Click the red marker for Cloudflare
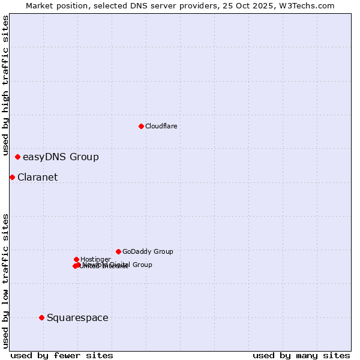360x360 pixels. [141, 126]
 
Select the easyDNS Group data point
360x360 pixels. [17, 157]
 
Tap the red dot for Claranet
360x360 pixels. [12, 177]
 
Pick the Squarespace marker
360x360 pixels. [41, 317]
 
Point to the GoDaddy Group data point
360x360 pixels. [118, 251]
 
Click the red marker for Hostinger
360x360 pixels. [76, 259]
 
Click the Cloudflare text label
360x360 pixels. [161, 126]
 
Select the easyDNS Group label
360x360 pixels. [61, 157]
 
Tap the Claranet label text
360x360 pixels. [37, 178]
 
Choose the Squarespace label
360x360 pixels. [77, 318]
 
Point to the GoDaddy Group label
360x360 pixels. [148, 252]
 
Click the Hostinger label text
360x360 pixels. [95, 259]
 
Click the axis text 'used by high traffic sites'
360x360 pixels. [5, 86]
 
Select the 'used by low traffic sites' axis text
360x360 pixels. [5, 281]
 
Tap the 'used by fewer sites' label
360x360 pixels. [62, 356]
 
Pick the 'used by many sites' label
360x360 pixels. [301, 356]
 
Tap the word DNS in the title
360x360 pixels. [137, 5]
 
